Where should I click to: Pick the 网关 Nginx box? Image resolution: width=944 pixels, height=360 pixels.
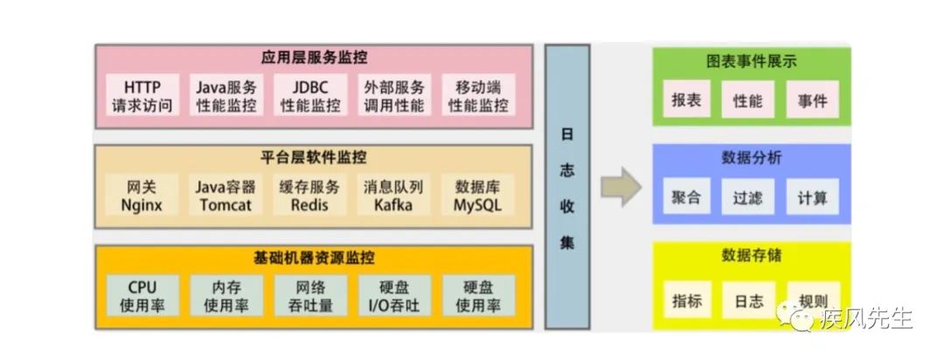142,197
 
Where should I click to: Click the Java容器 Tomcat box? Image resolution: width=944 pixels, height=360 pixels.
226,197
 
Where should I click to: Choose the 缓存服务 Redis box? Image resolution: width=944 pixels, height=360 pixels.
310,197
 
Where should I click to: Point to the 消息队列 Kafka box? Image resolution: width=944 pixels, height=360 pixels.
393,197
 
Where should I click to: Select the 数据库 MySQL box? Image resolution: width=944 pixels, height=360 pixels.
478,197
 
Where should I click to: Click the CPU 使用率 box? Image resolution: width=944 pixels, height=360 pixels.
142,296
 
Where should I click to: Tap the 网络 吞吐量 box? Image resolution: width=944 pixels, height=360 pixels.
310,296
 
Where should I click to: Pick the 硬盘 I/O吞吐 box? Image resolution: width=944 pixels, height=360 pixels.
393,296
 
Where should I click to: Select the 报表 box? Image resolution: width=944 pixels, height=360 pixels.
686,100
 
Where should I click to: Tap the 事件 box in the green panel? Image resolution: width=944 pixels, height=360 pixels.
812,100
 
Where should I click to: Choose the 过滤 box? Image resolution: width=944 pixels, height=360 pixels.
749,197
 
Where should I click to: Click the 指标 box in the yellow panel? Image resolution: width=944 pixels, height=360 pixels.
686,301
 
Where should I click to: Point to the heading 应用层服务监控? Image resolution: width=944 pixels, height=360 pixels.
314,58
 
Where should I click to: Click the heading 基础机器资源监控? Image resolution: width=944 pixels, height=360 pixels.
314,259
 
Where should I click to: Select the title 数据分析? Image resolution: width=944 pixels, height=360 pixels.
752,158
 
